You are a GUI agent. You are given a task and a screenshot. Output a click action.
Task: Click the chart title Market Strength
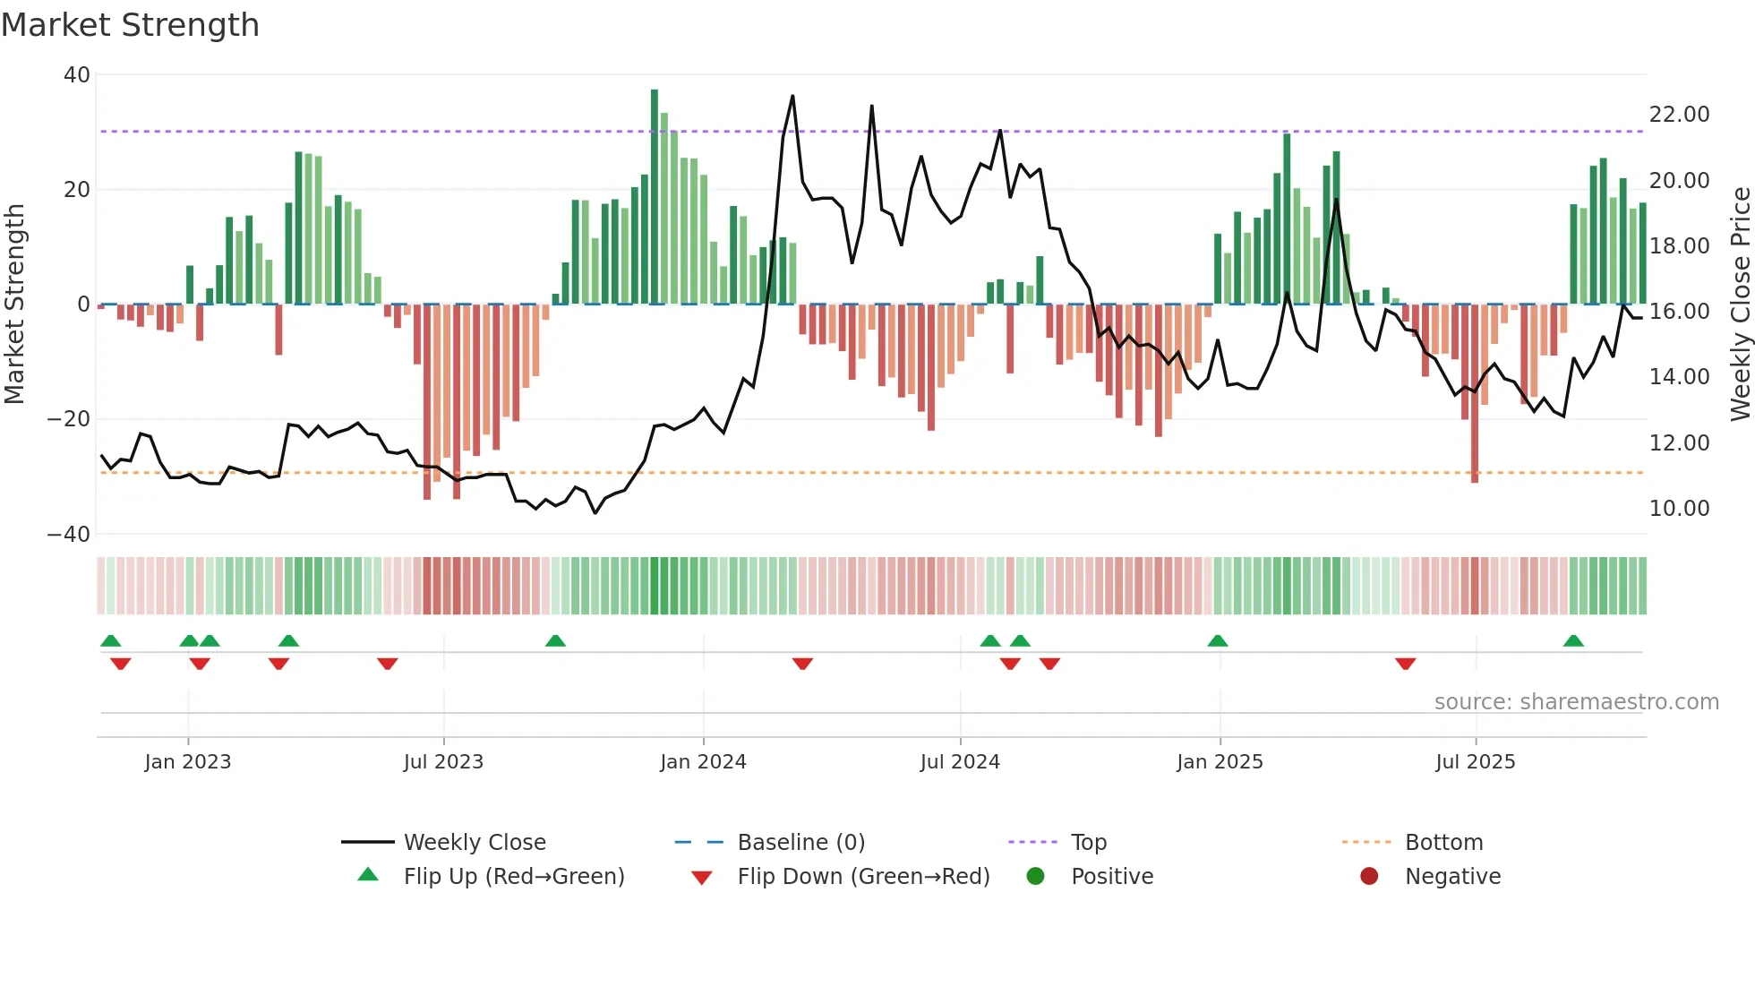click(x=131, y=25)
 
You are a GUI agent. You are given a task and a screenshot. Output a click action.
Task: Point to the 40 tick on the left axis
click(x=77, y=75)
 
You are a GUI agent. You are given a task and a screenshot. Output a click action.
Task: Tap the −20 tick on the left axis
click(x=69, y=419)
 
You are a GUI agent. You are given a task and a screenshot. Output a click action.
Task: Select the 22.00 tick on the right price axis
click(x=1679, y=115)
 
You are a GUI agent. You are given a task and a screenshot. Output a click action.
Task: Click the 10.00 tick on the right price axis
click(x=1679, y=509)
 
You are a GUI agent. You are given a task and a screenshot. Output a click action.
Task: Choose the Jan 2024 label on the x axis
click(x=703, y=762)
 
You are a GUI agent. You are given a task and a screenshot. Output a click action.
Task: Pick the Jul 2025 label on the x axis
click(x=1475, y=762)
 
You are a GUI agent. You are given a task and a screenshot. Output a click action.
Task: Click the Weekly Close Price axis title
click(x=1740, y=305)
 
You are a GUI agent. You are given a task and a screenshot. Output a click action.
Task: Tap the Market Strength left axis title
click(x=15, y=305)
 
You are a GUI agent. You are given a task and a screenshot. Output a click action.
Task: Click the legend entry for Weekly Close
click(x=475, y=843)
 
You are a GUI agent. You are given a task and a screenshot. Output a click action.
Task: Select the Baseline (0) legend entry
click(x=800, y=843)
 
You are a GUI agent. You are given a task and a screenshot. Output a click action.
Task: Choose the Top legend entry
click(x=1089, y=843)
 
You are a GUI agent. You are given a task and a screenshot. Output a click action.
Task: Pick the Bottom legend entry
click(x=1443, y=843)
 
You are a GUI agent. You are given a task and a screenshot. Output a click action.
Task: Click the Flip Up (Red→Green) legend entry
click(x=513, y=877)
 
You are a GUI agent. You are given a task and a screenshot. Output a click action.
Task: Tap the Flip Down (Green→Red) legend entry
click(x=863, y=877)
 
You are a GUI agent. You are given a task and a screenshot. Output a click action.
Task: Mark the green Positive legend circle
click(x=1036, y=877)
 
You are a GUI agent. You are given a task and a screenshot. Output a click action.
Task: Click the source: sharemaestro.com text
click(x=1576, y=702)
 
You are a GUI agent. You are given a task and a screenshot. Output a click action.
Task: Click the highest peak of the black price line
click(x=792, y=97)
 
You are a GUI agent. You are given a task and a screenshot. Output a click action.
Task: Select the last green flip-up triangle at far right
click(x=1573, y=641)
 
